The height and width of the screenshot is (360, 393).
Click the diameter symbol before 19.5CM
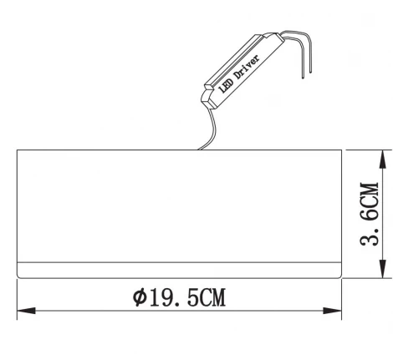point(139,297)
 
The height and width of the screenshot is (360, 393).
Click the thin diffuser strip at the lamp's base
point(179,271)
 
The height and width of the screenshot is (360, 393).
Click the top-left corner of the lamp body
point(18,150)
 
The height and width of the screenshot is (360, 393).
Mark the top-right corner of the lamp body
point(342,150)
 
